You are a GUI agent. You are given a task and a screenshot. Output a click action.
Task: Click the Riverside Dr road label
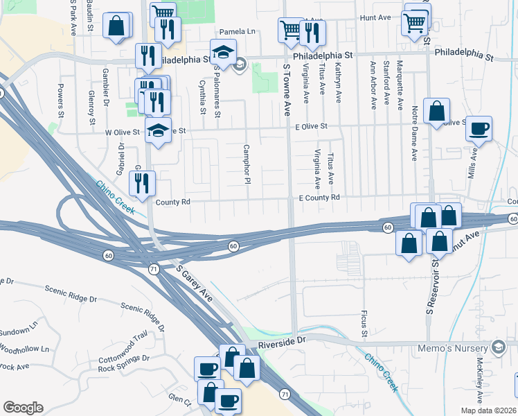pos(282,342)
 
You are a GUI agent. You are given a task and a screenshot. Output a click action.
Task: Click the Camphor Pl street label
pos(246,164)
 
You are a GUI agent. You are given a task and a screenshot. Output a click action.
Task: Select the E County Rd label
pos(319,198)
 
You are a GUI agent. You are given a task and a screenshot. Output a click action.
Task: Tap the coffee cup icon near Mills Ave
pos(479,128)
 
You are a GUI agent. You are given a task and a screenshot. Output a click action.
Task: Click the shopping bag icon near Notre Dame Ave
pos(436,111)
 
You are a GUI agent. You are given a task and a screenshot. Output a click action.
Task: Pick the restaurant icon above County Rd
pos(143,184)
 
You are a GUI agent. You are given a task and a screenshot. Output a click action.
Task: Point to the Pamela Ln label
pos(237,32)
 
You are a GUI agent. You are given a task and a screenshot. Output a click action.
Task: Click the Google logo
pos(23,408)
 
